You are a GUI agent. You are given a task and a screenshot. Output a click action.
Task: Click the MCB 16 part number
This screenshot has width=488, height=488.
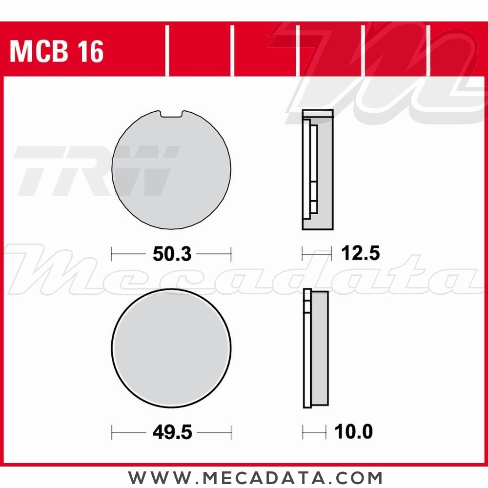click(x=57, y=52)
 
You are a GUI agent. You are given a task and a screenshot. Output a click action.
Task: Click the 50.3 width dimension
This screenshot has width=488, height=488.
click(x=171, y=254)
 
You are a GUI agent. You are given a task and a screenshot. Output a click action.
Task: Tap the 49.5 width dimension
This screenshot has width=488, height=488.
click(x=171, y=432)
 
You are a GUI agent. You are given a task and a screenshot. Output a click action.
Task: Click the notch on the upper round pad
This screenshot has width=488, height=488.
click(x=171, y=114)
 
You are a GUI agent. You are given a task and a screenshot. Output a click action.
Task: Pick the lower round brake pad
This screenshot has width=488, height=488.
click(x=171, y=348)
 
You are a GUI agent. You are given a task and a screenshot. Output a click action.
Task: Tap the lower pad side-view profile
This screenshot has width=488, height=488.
click(x=315, y=348)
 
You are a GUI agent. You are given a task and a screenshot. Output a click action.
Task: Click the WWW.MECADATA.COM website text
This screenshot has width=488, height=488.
click(x=255, y=477)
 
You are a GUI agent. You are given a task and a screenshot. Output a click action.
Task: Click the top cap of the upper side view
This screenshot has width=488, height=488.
click(x=318, y=114)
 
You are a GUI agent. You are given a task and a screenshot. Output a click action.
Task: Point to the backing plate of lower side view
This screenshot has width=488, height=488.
click(x=307, y=348)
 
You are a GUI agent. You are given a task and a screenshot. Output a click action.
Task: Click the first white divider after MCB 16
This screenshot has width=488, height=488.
click(x=167, y=51)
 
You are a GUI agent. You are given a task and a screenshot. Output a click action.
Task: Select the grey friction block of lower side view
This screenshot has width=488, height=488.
click(x=320, y=348)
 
